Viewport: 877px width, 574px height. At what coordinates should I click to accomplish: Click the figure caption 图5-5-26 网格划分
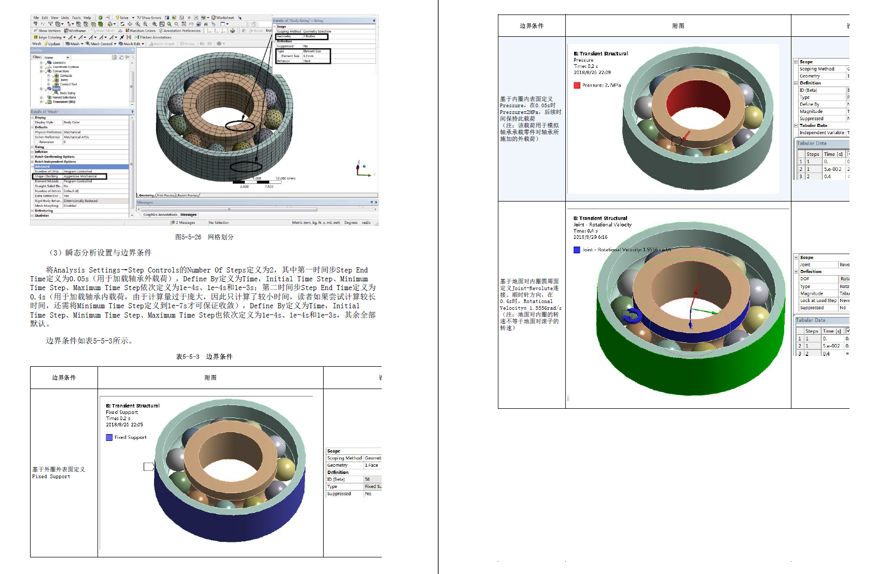tap(204, 237)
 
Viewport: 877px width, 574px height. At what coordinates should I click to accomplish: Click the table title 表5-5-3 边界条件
tap(204, 356)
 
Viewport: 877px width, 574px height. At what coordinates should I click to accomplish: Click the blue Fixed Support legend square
tap(109, 437)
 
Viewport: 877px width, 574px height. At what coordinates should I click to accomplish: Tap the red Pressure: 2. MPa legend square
tap(577, 85)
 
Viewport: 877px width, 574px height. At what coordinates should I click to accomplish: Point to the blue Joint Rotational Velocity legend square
tap(577, 250)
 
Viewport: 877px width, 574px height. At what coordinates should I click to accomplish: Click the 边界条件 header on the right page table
tap(532, 25)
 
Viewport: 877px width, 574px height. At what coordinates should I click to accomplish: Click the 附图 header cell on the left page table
tap(210, 378)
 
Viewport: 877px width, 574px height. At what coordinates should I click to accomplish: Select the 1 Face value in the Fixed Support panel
tap(371, 465)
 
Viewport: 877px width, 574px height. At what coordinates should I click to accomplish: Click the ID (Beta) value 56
tap(367, 479)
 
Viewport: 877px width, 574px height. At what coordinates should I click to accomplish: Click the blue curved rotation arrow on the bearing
tap(631, 315)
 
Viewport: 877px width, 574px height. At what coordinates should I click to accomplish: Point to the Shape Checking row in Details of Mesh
tap(47, 176)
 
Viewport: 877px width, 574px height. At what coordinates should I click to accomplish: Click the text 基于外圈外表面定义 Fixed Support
tap(59, 472)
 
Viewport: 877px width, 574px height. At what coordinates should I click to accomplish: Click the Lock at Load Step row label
tap(818, 300)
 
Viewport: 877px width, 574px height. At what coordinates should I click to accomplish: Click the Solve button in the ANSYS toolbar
tap(122, 17)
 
